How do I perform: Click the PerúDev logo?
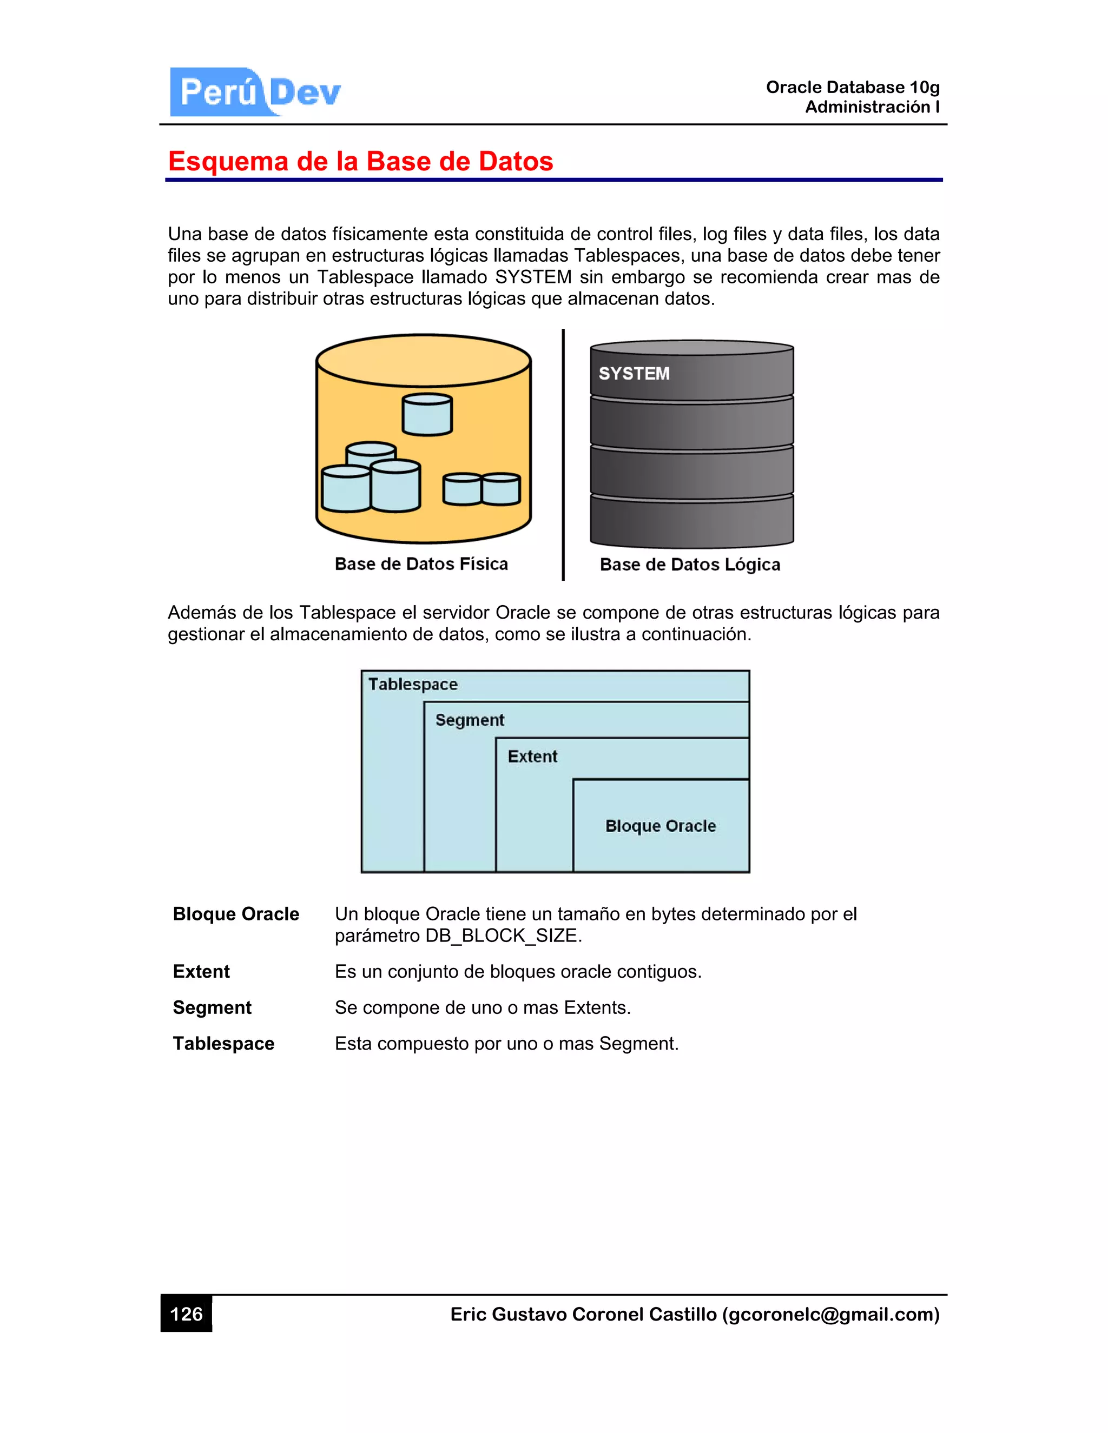256,92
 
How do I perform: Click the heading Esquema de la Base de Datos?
360,161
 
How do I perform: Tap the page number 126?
187,1313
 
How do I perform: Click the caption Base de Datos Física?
421,563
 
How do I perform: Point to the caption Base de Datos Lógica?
690,564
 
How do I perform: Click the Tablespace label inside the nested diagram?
413,685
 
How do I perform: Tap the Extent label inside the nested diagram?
532,757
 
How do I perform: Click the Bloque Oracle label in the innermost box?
661,826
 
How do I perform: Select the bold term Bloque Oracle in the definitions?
236,914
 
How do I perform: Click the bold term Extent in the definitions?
201,972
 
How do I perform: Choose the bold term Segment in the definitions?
212,1008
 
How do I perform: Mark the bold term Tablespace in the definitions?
224,1044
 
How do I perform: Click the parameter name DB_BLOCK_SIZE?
502,936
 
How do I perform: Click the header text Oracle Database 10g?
853,87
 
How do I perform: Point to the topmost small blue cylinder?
427,415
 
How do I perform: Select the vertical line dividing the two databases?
563,454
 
